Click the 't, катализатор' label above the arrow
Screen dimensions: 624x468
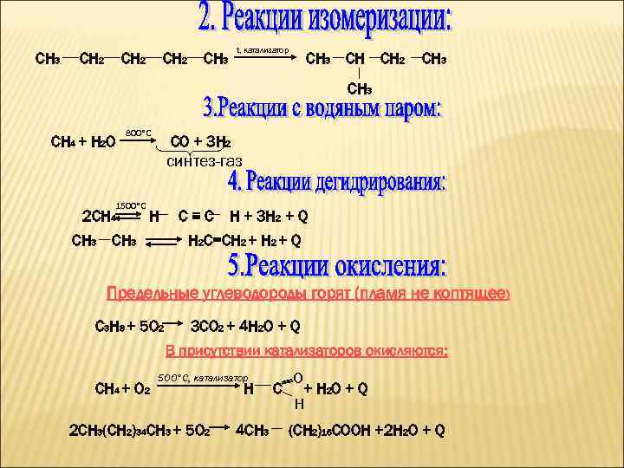point(263,50)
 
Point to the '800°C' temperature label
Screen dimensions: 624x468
point(139,132)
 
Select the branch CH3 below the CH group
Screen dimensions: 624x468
point(360,88)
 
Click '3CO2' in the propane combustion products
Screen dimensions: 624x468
point(208,327)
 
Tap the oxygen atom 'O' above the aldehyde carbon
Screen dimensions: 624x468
point(298,379)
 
